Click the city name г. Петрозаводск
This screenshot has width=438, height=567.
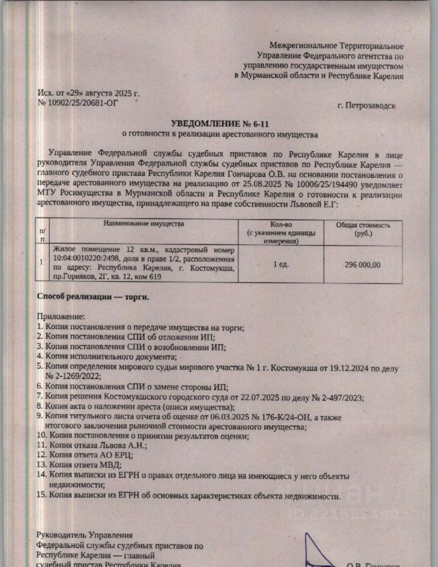click(367, 106)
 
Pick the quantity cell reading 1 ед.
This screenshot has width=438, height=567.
click(281, 264)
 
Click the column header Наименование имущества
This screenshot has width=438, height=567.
click(144, 224)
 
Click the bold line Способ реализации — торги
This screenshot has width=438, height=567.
click(93, 296)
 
